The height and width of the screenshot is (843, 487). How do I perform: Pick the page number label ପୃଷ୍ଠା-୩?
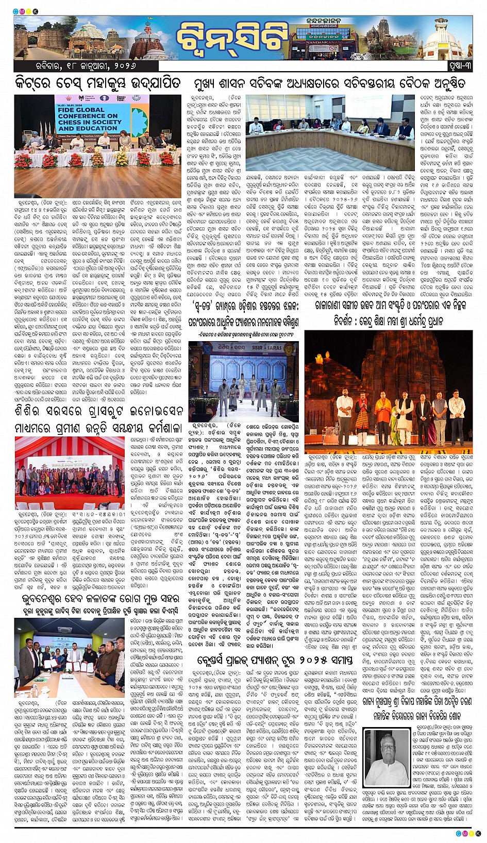[459, 66]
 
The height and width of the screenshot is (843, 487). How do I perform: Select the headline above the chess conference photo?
[98, 83]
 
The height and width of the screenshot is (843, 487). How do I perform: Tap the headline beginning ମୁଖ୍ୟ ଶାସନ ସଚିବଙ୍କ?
[329, 83]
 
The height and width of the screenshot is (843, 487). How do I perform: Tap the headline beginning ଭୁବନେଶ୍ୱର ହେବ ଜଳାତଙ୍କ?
[98, 599]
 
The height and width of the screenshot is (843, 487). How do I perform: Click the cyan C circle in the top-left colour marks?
[16, 11]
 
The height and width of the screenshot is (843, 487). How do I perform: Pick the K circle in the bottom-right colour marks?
[478, 833]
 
